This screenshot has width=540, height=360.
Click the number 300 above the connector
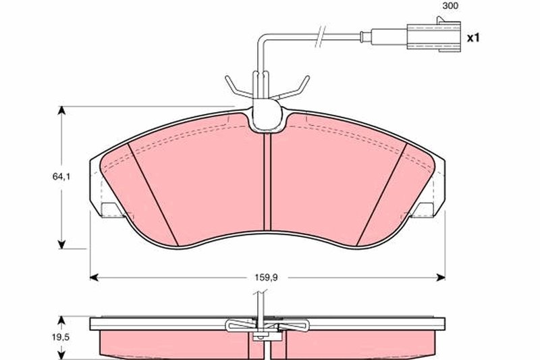(450, 6)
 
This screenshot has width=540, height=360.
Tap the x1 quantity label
(472, 38)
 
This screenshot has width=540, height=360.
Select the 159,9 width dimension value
(268, 276)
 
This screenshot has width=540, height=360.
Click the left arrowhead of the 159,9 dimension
(94, 276)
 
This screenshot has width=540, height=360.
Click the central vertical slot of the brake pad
(267, 182)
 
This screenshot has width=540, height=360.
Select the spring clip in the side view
(267, 326)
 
